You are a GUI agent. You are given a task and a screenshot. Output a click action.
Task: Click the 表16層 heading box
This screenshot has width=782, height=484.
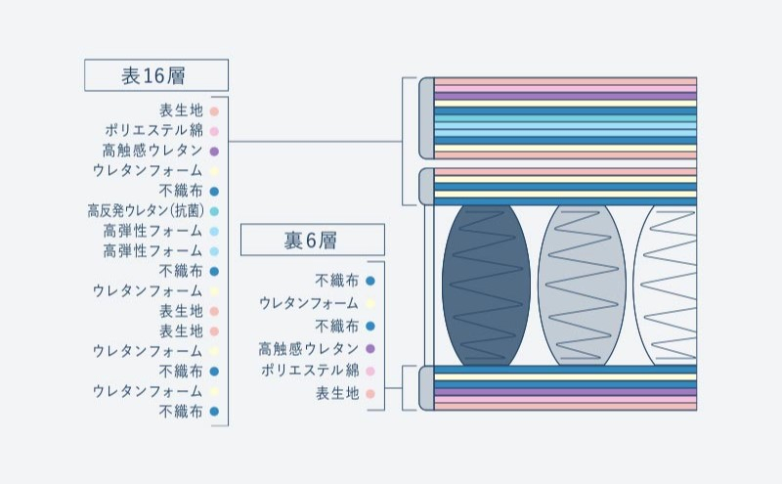pos(155,75)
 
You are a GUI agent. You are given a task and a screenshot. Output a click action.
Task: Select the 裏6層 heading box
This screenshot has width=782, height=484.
pos(312,241)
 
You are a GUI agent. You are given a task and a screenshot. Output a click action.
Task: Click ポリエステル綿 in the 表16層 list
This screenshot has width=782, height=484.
pos(154,130)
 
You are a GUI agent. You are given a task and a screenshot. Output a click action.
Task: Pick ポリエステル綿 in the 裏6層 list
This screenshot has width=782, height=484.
pos(311,372)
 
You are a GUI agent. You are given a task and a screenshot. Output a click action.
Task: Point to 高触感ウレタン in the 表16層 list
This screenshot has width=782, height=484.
pos(152,151)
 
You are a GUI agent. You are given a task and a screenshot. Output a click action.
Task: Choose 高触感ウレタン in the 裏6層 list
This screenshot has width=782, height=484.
pos(309,349)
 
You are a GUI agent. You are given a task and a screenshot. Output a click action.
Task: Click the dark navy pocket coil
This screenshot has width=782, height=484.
pos(486,285)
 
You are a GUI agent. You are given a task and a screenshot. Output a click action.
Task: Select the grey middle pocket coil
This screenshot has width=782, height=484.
pos(582,285)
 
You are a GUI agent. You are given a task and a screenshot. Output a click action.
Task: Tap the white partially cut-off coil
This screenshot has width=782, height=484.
pos(670,285)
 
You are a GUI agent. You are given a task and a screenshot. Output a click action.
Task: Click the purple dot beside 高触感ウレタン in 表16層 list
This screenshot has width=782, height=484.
pos(214,151)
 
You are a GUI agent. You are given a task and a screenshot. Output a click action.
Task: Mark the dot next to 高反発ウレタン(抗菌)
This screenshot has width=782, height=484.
pos(214,210)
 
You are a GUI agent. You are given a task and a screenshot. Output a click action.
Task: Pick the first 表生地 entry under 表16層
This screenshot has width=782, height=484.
pos(181,110)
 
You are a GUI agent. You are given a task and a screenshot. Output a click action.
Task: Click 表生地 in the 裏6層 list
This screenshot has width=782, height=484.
pos(337,394)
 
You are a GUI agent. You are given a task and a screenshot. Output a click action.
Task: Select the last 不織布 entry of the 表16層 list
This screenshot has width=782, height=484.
pos(181,412)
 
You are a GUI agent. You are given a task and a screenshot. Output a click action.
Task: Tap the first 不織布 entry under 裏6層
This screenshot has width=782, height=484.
pos(337,281)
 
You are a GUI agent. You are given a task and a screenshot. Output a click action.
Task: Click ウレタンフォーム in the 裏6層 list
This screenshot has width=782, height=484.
pos(310,303)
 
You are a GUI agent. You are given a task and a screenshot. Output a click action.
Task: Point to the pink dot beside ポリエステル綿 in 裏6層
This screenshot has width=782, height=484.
pos(370,372)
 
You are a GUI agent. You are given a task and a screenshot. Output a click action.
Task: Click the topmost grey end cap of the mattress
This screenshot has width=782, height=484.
pos(426,117)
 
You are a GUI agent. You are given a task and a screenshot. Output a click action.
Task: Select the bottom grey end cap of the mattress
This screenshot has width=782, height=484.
pos(426,388)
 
